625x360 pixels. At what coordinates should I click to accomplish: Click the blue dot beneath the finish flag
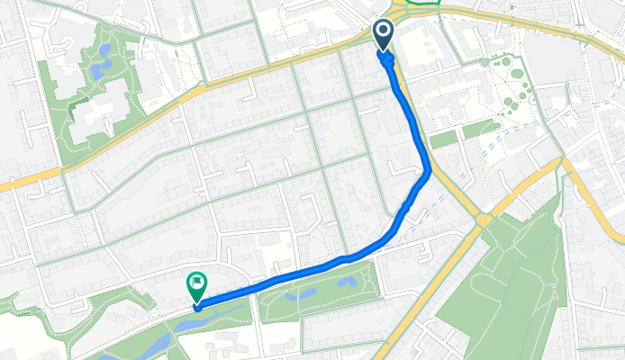click(196, 307)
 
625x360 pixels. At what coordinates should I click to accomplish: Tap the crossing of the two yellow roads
click(484, 219)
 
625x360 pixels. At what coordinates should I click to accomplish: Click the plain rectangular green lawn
click(443, 139)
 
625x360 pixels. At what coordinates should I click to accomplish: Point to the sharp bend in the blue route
click(429, 168)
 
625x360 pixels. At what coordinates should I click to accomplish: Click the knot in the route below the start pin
click(388, 62)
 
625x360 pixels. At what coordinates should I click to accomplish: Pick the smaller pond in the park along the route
click(349, 283)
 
